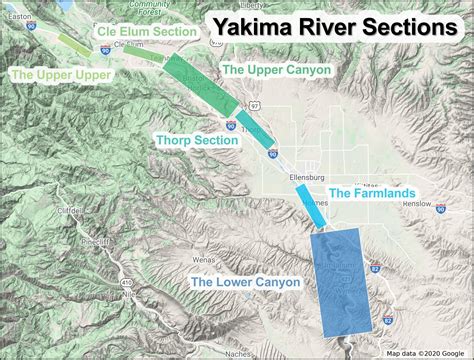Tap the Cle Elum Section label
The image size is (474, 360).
coord(146,32)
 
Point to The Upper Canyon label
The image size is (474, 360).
coord(274,70)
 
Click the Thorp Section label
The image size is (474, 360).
coord(197,141)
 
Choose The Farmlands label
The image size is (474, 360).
coord(373,192)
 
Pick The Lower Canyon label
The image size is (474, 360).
coord(245,283)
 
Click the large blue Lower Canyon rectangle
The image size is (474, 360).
coord(341,279)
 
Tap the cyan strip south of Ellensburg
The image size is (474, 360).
coord(311,204)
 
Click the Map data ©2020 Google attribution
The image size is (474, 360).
coord(427,353)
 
